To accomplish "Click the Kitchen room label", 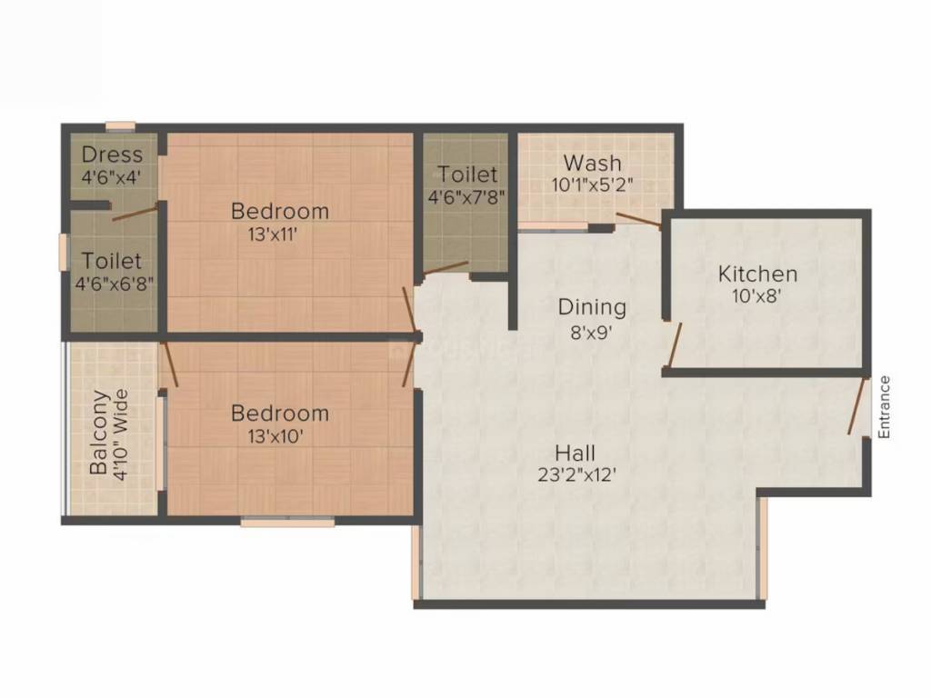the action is point(757,274).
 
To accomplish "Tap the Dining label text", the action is point(592,307).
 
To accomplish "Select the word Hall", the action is point(575,454).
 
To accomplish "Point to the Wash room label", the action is point(592,163).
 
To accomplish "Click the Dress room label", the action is point(112,155).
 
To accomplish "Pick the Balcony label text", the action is point(99,432).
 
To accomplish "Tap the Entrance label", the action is point(884,407).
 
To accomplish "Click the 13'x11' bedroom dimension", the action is point(273,234).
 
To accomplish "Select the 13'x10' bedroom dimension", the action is point(275,437).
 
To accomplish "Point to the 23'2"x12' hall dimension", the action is point(576,474).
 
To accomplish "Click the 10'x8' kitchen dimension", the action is point(756,295).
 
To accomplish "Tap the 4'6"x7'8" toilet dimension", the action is point(466,196).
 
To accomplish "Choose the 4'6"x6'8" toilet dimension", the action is point(114,284).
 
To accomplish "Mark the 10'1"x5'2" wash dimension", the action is point(592,184).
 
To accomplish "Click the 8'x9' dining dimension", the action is point(591,333).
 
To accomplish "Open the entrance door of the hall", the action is point(856,406).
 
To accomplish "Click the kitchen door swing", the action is point(675,344).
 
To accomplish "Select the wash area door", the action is point(638,220).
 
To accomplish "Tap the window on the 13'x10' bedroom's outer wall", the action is point(287,522).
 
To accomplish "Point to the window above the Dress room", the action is point(121,125).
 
